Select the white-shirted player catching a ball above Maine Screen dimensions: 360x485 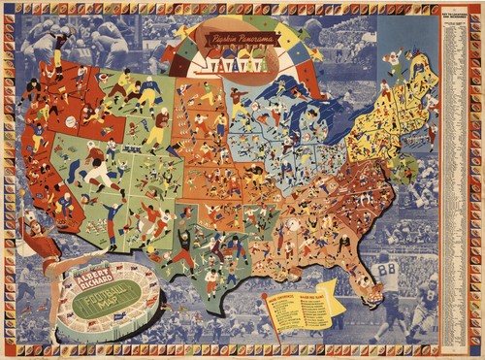tap(393, 60)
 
